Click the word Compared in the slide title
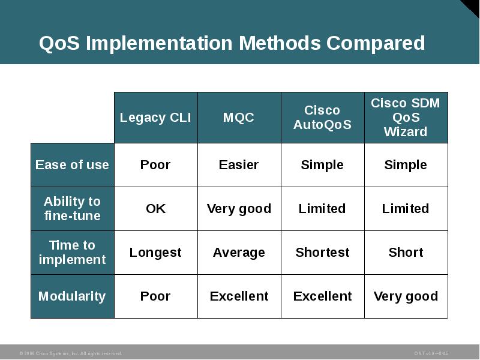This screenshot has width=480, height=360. (x=376, y=44)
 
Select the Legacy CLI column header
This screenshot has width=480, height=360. (x=155, y=118)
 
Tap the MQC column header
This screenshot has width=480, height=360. (x=239, y=118)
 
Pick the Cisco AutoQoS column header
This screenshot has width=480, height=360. (x=322, y=118)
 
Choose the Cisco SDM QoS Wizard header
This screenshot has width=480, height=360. (x=406, y=118)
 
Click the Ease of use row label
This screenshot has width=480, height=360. (x=72, y=165)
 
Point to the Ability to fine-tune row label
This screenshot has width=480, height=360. (x=72, y=209)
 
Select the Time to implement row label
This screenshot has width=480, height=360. (x=72, y=253)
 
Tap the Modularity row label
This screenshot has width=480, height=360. (x=72, y=296)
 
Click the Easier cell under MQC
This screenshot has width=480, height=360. (x=239, y=165)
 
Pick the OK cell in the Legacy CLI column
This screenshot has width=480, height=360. (x=155, y=209)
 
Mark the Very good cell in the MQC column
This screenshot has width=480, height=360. (x=239, y=209)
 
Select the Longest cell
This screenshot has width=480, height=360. (x=155, y=253)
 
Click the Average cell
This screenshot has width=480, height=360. (x=239, y=253)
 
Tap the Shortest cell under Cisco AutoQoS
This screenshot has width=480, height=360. (x=322, y=253)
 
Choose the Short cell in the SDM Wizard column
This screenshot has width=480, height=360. (x=406, y=253)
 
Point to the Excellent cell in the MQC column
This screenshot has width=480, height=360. (x=239, y=296)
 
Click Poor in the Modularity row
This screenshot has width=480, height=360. (x=155, y=296)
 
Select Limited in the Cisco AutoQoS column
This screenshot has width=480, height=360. (x=322, y=209)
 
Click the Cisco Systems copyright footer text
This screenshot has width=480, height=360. (x=70, y=353)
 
